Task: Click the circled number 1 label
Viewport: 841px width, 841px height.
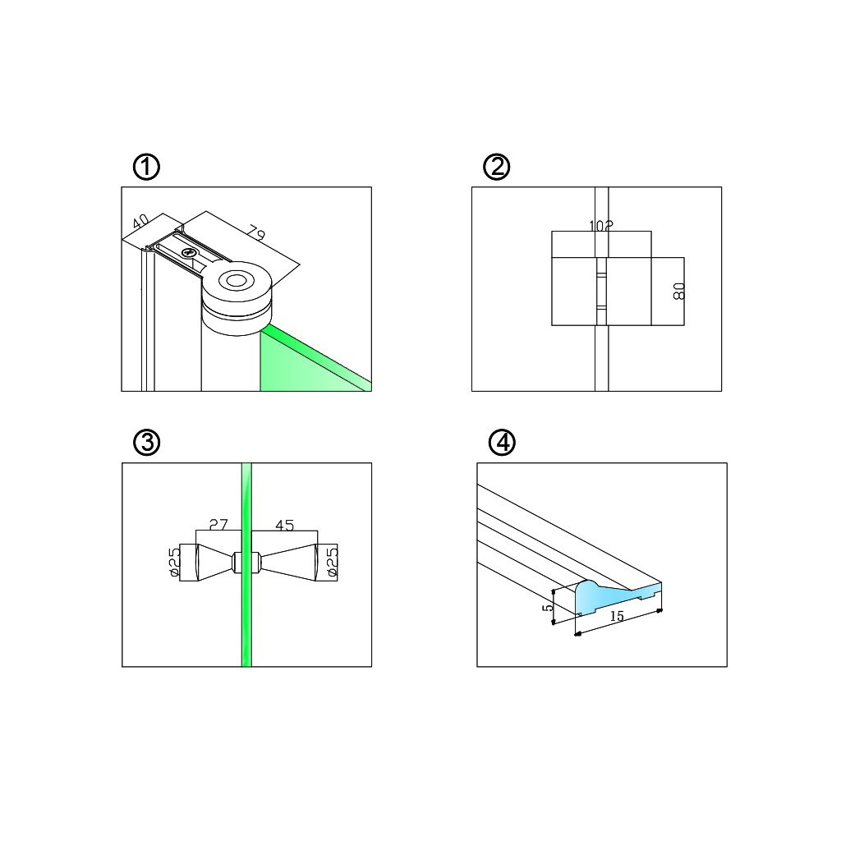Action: click(x=146, y=167)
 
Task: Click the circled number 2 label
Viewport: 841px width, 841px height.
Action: click(x=497, y=167)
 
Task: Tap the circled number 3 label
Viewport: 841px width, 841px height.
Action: click(x=146, y=443)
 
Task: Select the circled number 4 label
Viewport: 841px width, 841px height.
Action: click(x=502, y=443)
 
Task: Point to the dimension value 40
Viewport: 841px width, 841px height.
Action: click(x=140, y=221)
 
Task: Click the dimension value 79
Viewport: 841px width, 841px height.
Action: click(x=257, y=232)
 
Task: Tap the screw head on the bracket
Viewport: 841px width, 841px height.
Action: click(x=188, y=253)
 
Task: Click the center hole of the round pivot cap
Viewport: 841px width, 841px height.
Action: click(x=236, y=280)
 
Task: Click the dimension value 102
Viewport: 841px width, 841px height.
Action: click(x=600, y=226)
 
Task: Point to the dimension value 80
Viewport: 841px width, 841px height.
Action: click(x=678, y=292)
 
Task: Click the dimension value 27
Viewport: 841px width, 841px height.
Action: click(x=218, y=525)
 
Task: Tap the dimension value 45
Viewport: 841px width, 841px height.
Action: click(x=284, y=525)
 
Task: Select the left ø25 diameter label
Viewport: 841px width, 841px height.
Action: click(x=174, y=563)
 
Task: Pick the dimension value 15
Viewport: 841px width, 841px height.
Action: click(x=617, y=616)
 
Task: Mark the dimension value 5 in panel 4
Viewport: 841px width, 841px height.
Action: click(x=548, y=608)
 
